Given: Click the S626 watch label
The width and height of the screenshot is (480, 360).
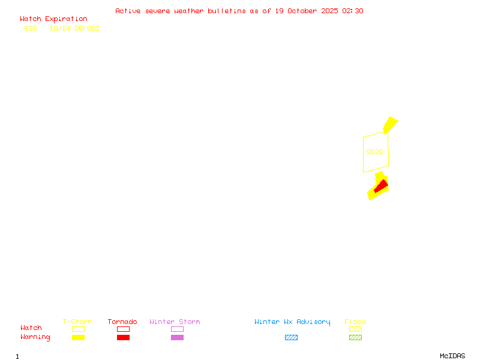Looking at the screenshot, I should click(x=374, y=152).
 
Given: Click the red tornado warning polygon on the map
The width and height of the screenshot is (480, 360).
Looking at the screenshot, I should click(x=380, y=187).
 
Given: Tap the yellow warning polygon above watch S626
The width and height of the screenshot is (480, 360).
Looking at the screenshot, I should click(x=390, y=124).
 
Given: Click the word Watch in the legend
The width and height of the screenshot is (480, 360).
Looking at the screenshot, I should click(x=31, y=328).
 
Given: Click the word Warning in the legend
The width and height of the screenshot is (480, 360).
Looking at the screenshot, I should click(x=35, y=337).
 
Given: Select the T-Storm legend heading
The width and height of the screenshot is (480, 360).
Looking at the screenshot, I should click(x=77, y=322).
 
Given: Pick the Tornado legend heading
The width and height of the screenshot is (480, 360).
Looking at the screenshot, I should click(x=122, y=322).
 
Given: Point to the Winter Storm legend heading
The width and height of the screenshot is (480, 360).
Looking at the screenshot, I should click(x=175, y=322).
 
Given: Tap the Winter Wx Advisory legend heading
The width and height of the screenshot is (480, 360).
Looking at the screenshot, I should click(x=292, y=322).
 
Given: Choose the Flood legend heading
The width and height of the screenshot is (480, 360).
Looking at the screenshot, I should click(x=355, y=322).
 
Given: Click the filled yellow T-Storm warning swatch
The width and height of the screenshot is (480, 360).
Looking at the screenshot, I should click(x=78, y=338).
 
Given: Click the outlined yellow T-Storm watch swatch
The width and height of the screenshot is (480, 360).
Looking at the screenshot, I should click(x=78, y=329).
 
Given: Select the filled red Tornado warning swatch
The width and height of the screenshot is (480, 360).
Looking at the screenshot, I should click(x=123, y=338).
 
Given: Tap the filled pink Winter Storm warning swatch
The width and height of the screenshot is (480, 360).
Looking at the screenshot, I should click(x=177, y=338).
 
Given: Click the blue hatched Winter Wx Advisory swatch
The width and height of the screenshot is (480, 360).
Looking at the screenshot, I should click(x=291, y=338).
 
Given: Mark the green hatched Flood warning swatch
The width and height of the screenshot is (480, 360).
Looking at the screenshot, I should click(x=355, y=338).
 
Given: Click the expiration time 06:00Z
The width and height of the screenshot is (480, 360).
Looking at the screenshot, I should click(x=88, y=28).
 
